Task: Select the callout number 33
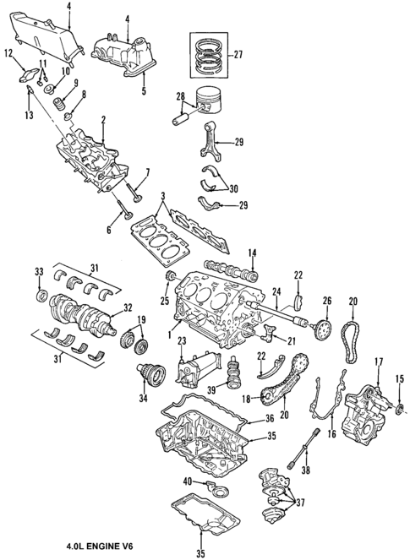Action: click(38, 271)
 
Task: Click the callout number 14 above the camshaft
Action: click(251, 253)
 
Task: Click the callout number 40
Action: click(187, 481)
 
